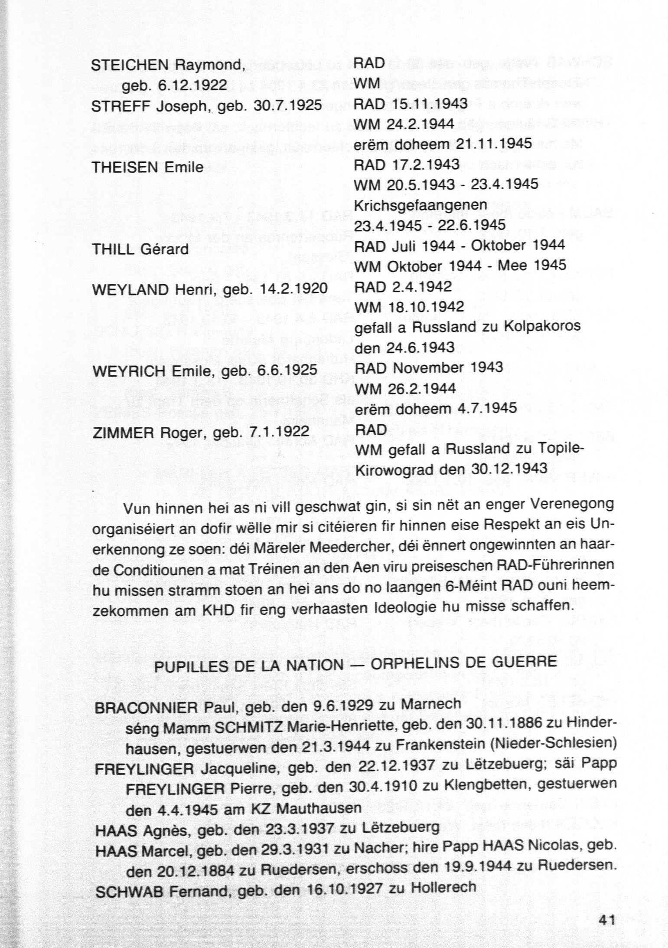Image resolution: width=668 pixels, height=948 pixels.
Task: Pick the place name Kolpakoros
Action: [x=541, y=326]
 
